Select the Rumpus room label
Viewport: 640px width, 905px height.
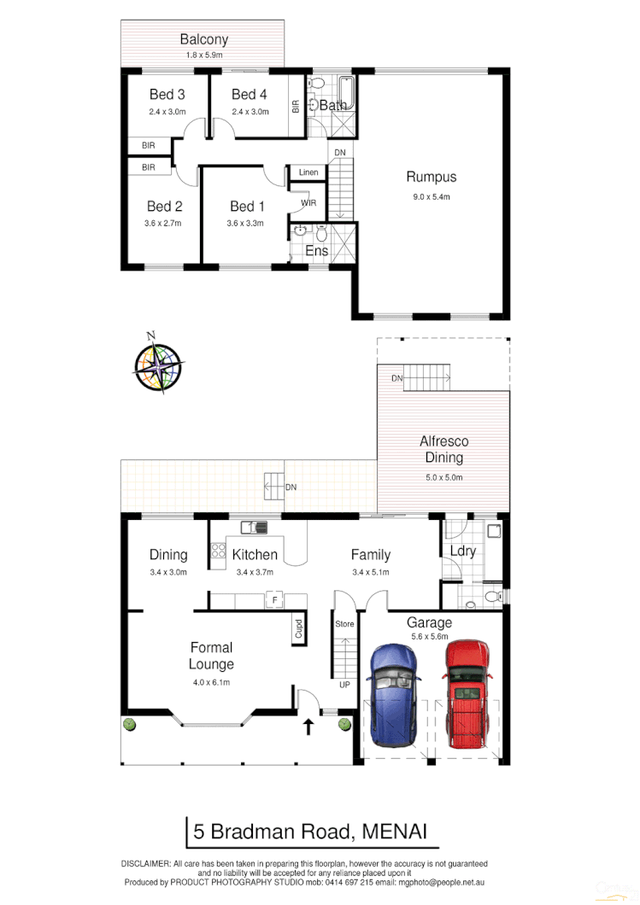[431, 178]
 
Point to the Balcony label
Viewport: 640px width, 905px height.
[203, 39]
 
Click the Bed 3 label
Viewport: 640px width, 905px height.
[167, 95]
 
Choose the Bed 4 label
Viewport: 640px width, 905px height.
[250, 95]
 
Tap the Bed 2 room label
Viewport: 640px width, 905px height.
[165, 207]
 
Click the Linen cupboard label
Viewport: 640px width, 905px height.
[308, 172]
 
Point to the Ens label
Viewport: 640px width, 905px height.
[316, 251]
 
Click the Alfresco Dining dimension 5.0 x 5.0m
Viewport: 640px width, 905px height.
[443, 476]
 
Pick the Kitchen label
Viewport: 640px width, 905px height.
[255, 555]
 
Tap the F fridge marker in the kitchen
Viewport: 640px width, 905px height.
[274, 599]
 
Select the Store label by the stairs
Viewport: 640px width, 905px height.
[343, 623]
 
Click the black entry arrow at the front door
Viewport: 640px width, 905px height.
[308, 727]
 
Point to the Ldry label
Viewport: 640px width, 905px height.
[462, 552]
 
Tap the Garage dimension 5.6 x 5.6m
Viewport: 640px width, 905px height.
[429, 636]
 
